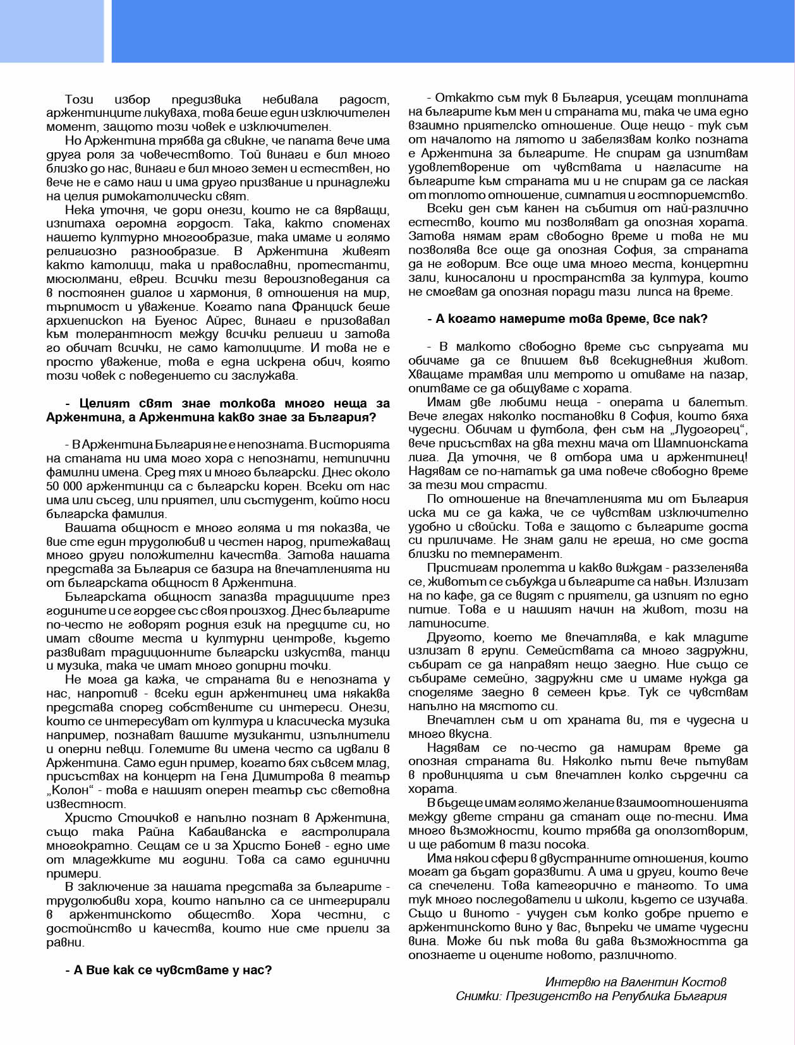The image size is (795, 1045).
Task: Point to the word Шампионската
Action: coord(709,444)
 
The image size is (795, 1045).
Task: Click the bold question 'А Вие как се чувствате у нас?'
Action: coord(169,970)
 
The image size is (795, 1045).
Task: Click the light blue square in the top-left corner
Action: coord(51,31)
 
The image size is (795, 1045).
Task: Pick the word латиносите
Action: coord(449,623)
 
